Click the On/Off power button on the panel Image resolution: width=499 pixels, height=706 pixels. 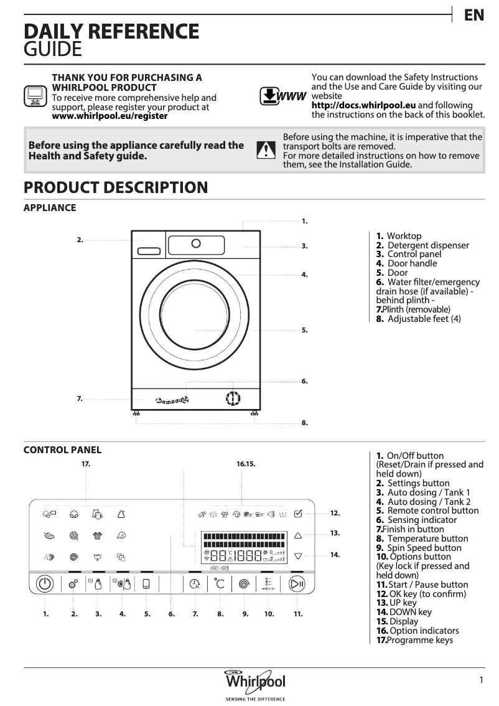[44, 584]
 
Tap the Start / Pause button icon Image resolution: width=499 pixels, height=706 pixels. [297, 584]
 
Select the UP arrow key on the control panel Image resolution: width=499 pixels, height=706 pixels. [297, 534]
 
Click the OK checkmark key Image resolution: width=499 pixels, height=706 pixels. [297, 514]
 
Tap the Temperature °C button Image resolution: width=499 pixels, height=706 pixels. [220, 584]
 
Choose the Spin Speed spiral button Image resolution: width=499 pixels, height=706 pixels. [245, 584]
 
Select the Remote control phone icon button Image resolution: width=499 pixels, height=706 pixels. [147, 584]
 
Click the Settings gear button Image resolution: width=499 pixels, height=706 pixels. [73, 584]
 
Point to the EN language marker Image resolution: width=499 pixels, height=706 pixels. [474, 15]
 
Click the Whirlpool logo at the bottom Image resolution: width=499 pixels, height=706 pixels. [255, 680]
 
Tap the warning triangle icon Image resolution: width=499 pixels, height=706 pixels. [266, 150]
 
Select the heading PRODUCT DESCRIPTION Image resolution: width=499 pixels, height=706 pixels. [115, 187]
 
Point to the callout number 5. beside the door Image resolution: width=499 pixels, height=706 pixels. [304, 330]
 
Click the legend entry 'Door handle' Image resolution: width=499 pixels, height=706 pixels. [412, 263]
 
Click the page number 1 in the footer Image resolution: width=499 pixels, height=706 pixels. [481, 680]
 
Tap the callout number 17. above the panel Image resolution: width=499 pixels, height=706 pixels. [86, 464]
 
